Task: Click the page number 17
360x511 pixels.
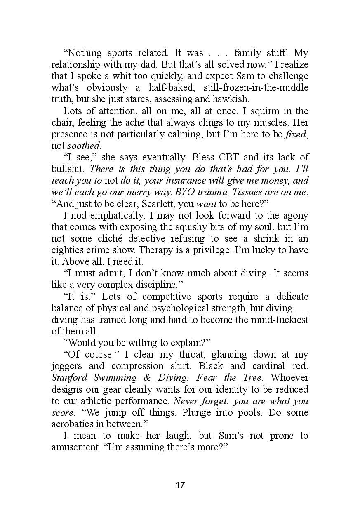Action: pos(180,485)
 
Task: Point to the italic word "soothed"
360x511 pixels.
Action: pos(84,146)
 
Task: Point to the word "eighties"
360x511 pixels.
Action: pos(66,250)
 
